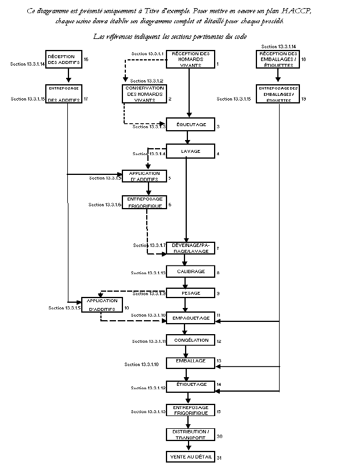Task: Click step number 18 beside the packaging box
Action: [x=303, y=60]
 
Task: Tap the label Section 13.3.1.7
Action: [x=150, y=245]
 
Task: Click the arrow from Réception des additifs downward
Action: [x=69, y=76]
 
